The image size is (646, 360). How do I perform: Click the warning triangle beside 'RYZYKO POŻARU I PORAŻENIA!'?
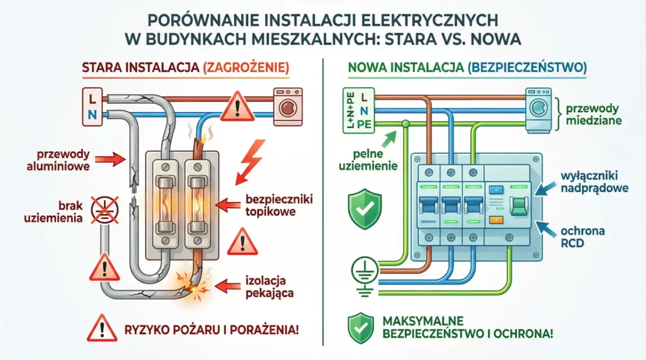pyautogui.click(x=102, y=328)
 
